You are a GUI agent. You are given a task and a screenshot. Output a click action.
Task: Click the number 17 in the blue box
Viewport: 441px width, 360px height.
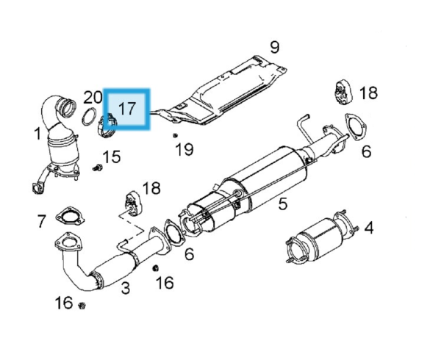(x=126, y=109)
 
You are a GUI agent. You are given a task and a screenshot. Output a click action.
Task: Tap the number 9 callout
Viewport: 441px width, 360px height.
(x=274, y=48)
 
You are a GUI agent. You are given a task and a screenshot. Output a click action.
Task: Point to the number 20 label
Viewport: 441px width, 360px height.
(x=93, y=97)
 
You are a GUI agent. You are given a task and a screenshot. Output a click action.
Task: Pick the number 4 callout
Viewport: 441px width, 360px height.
(x=368, y=228)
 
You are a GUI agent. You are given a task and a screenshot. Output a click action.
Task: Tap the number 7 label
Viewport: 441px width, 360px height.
(x=41, y=220)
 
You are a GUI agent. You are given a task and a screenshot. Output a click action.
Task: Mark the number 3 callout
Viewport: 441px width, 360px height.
(x=126, y=287)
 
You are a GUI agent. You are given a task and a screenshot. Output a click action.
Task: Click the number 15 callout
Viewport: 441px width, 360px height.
(x=111, y=156)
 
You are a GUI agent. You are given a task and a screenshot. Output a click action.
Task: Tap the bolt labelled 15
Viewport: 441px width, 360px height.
(x=96, y=168)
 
